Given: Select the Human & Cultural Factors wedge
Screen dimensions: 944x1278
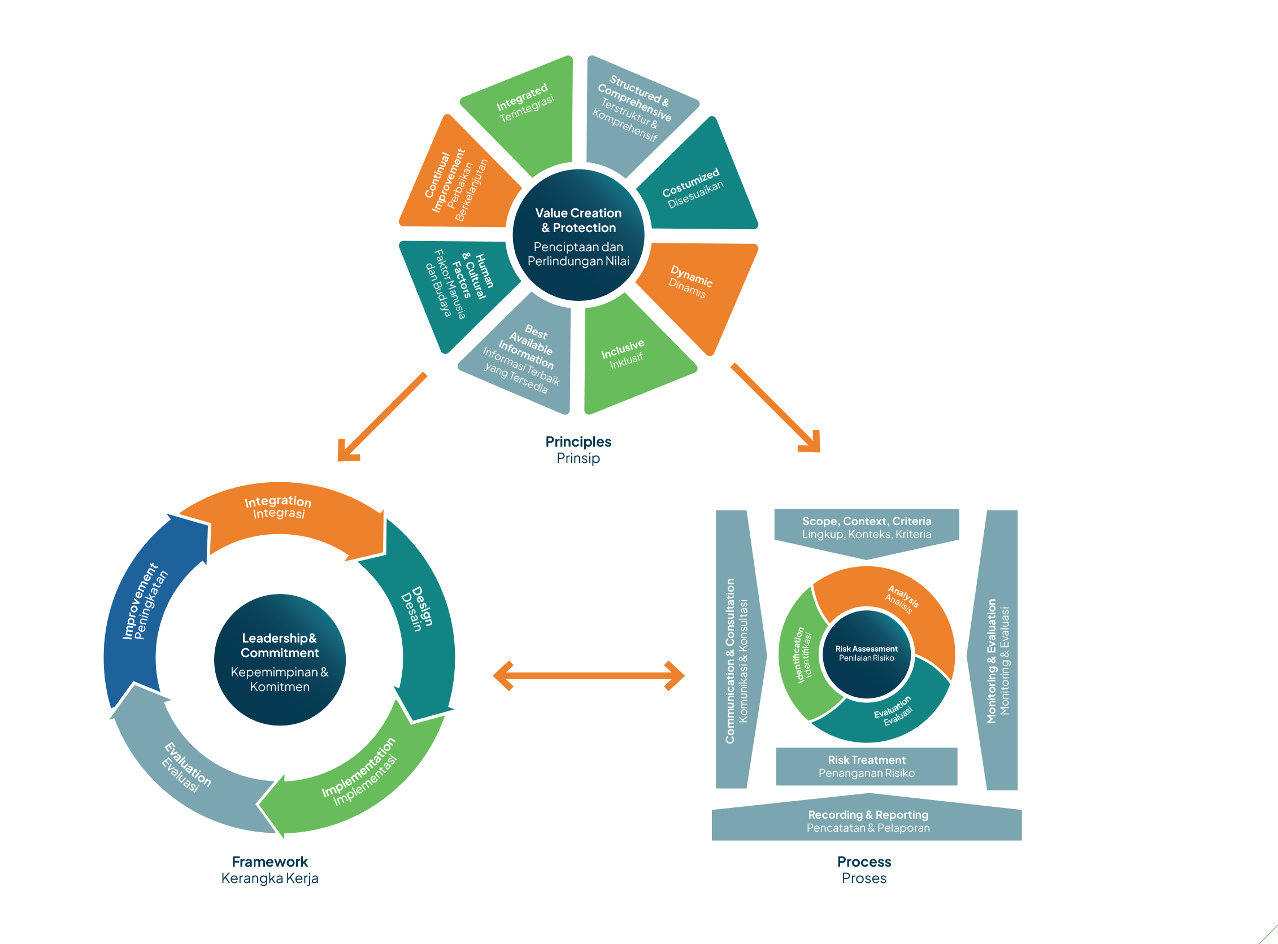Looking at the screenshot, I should [458, 286].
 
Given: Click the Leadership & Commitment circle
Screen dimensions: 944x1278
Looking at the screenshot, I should [280, 660].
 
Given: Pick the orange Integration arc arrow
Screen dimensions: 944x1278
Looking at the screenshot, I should [280, 512].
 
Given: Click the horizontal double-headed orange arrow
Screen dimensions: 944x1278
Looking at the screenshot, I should [588, 676].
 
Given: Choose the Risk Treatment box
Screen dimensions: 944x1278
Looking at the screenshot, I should [866, 766].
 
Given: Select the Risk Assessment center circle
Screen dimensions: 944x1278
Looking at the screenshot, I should [866, 653].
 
